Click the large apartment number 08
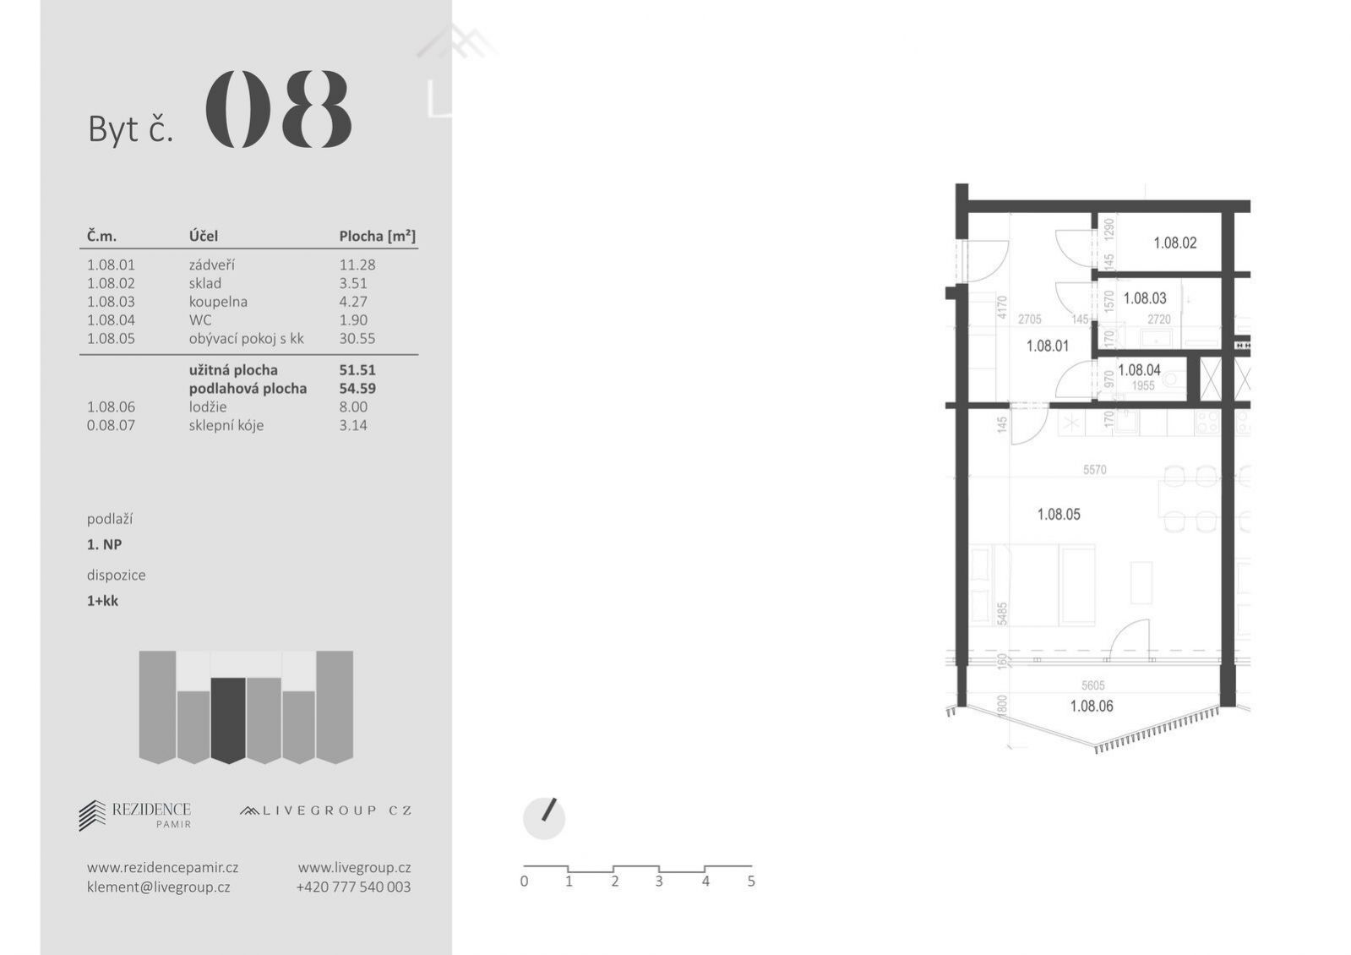point(279,109)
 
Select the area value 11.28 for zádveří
point(357,265)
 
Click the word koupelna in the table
point(218,302)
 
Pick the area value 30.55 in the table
point(357,338)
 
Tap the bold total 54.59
point(357,389)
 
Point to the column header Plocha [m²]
point(377,236)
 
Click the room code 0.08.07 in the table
point(111,425)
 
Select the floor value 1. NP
point(104,545)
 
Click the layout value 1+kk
point(102,601)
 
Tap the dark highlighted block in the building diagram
point(228,720)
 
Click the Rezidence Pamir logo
point(135,815)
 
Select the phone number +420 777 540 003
point(353,887)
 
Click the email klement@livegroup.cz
point(159,887)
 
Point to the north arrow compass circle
point(544,819)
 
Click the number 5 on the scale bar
point(751,881)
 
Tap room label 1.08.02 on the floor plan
point(1175,243)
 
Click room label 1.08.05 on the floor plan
point(1059,515)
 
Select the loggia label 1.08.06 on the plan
point(1092,706)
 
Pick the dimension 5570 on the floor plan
point(1095,469)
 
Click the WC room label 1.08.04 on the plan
point(1139,370)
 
